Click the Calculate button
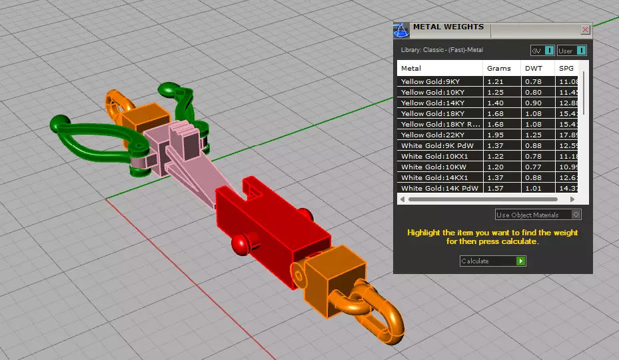[x=492, y=261]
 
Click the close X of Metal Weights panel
[x=585, y=30]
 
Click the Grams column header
[x=499, y=68]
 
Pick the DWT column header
[x=533, y=68]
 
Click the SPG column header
[x=566, y=68]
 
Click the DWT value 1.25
[x=533, y=135]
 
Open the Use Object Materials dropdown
[x=538, y=215]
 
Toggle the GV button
[x=542, y=51]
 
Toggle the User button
[x=572, y=51]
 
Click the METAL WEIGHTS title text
[x=448, y=28]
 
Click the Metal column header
[x=411, y=68]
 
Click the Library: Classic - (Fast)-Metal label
[x=442, y=50]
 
